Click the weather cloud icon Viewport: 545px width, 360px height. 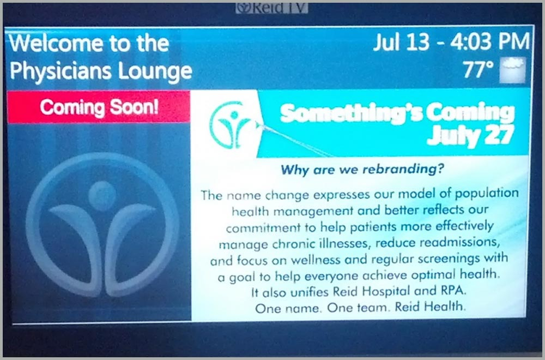coord(512,70)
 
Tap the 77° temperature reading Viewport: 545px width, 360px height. coord(479,70)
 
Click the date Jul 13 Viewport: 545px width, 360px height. coord(402,42)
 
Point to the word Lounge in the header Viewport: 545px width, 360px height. coord(155,71)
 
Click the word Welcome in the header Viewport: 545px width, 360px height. coord(56,43)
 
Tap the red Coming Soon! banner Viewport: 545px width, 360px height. coord(99,107)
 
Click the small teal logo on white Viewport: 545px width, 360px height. coord(230,125)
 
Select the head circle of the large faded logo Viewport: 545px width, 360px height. coord(102,196)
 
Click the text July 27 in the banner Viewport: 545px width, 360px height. coord(470,135)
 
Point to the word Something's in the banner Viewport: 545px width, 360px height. coord(350,113)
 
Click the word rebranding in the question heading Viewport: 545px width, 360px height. coord(403,169)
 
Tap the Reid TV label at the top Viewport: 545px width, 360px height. coord(272,8)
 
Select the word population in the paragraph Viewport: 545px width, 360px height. coord(487,194)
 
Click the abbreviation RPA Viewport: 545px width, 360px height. coord(452,290)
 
